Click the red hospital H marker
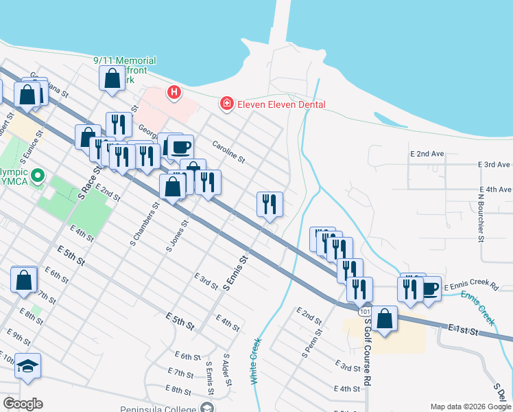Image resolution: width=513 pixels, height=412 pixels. [x=174, y=91]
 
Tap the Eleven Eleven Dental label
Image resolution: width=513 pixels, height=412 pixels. [x=281, y=104]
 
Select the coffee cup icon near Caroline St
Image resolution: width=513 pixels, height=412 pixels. [x=181, y=146]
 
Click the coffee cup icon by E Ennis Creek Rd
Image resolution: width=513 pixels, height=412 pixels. [x=430, y=288]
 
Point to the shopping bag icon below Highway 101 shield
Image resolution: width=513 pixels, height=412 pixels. [x=385, y=319]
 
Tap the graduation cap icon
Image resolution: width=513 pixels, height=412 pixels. [x=28, y=365]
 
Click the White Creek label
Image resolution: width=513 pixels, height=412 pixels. [x=256, y=360]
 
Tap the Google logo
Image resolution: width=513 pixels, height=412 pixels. [x=23, y=404]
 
